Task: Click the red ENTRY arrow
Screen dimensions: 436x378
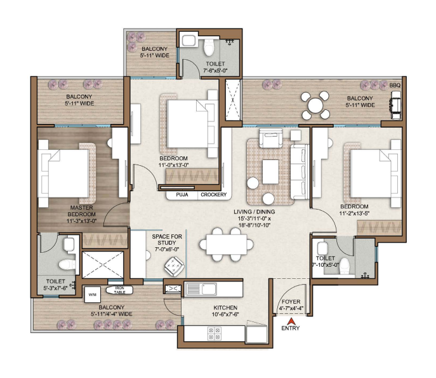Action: pyautogui.click(x=291, y=321)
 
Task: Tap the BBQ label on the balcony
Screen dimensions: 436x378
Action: pyautogui.click(x=395, y=85)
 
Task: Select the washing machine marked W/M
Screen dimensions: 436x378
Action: pyautogui.click(x=93, y=295)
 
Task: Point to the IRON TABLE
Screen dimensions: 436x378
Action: pyautogui.click(x=119, y=290)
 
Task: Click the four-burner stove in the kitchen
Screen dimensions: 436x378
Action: pyautogui.click(x=215, y=333)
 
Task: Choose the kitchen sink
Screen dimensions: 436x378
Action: pyautogui.click(x=201, y=289)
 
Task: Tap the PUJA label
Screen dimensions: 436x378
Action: pyautogui.click(x=182, y=194)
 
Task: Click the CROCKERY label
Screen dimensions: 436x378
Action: pyautogui.click(x=213, y=194)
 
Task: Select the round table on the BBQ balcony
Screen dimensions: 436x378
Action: pyautogui.click(x=315, y=105)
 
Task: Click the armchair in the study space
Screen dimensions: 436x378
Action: pyautogui.click(x=174, y=266)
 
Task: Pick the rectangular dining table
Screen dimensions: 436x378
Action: pyautogui.click(x=227, y=245)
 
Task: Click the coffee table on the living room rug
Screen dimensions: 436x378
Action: pyautogui.click(x=270, y=172)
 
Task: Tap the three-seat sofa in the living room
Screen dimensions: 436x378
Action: pyautogui.click(x=300, y=172)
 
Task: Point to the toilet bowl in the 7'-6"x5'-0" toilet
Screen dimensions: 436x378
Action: pyautogui.click(x=209, y=47)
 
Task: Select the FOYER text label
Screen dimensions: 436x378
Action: pyautogui.click(x=291, y=302)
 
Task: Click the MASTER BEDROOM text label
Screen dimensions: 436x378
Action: pyautogui.click(x=81, y=211)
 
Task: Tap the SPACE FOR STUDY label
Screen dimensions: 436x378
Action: pyautogui.click(x=167, y=240)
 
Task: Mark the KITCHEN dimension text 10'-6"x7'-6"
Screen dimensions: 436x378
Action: pyautogui.click(x=225, y=314)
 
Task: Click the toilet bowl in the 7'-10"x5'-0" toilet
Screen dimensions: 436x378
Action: pyautogui.click(x=345, y=266)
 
